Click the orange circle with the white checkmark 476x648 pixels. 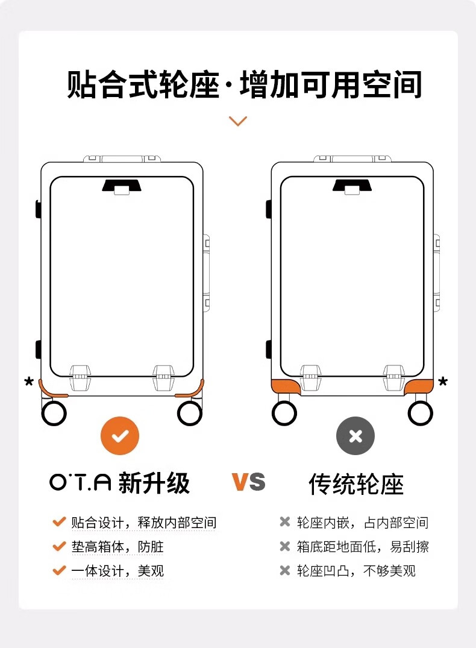(120, 436)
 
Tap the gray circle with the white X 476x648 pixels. (355, 436)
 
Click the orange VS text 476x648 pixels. (248, 482)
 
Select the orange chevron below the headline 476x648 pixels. (237, 121)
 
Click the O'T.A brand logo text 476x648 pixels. (81, 482)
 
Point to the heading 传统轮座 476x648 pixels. (356, 484)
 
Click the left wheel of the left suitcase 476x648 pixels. (54, 413)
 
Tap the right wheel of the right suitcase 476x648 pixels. (420, 413)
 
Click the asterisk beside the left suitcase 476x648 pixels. (29, 381)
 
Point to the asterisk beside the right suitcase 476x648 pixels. (443, 381)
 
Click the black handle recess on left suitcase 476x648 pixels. (122, 186)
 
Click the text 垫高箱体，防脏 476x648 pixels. (117, 547)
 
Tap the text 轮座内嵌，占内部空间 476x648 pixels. (362, 523)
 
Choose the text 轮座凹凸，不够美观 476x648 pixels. (356, 571)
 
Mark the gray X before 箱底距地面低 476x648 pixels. (284, 546)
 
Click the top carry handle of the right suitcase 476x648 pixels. (352, 159)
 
